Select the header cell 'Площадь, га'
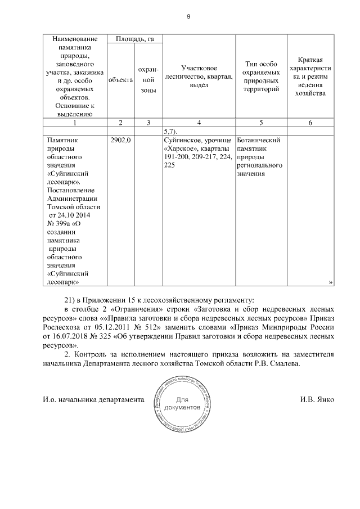point(134,39)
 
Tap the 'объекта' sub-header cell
point(120,80)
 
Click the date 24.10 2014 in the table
point(73,215)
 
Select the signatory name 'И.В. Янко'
point(317,400)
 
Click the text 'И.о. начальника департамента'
point(90,400)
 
